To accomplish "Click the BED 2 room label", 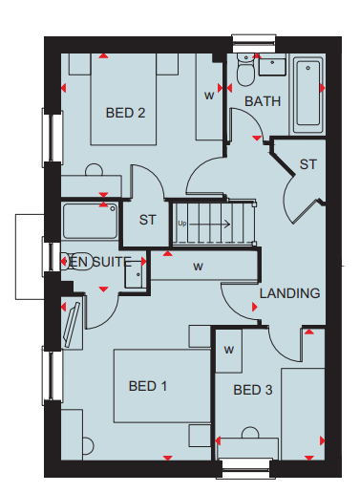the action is (125, 113).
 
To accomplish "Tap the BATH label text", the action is (263, 101).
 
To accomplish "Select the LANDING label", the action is (289, 293).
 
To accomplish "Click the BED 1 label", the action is (148, 386).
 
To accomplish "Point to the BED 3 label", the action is (253, 390).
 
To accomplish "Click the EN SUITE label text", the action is (100, 262).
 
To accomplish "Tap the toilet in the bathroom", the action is (245, 70).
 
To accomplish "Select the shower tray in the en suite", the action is (90, 222).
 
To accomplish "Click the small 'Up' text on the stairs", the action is (182, 224).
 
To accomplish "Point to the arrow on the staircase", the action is (209, 225).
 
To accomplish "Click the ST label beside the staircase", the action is (147, 220).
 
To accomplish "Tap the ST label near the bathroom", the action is (308, 164).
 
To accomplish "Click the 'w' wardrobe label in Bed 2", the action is (209, 96).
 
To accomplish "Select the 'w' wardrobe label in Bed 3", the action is (229, 350).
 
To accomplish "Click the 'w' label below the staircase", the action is (198, 267).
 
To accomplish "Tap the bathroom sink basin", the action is (272, 66).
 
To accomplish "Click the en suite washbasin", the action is (134, 275).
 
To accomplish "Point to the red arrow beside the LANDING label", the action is (254, 307).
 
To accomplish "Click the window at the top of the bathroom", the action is (254, 43).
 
